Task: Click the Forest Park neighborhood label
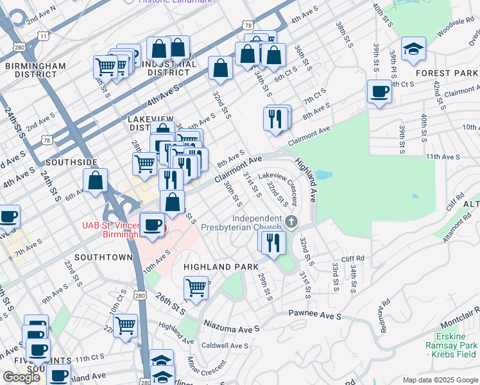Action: (x=447, y=73)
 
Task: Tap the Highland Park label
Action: (x=221, y=266)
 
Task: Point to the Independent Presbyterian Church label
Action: (x=241, y=223)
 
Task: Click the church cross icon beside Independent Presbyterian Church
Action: (x=292, y=222)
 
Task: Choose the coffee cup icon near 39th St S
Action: (x=379, y=92)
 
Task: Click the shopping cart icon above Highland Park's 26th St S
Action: (x=196, y=288)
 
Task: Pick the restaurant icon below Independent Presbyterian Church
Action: (x=274, y=243)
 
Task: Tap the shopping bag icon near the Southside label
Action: (x=95, y=181)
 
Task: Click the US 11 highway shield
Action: (x=43, y=37)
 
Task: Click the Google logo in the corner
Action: (x=21, y=377)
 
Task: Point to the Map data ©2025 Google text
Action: (x=440, y=380)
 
